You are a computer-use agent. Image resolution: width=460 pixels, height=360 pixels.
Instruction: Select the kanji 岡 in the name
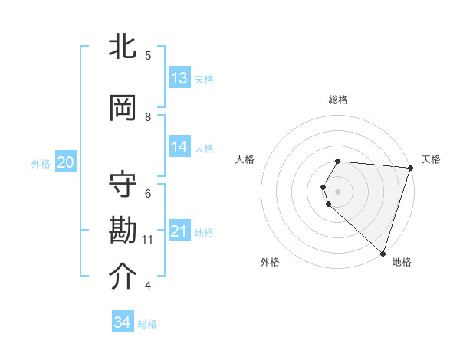123,107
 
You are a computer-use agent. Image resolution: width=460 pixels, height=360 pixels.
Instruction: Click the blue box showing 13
179,78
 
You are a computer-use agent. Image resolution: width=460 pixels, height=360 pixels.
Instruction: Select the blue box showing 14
179,147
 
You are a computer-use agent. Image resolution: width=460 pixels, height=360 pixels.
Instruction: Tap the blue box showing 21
179,231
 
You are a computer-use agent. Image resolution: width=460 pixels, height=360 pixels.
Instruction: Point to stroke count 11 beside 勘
148,240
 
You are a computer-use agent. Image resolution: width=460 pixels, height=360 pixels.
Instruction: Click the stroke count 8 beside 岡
149,116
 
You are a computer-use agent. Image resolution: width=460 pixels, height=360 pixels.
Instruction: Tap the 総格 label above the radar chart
338,100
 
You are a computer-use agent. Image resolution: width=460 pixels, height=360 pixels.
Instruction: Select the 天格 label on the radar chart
431,159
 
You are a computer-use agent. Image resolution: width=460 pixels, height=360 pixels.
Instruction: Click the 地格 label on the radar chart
402,262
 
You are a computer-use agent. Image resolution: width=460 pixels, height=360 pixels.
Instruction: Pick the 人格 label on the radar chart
245,159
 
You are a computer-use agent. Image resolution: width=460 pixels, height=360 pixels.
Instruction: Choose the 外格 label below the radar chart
270,262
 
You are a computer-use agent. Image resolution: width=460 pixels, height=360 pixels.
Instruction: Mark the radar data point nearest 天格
410,168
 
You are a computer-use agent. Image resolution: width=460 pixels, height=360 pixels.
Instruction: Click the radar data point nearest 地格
383,253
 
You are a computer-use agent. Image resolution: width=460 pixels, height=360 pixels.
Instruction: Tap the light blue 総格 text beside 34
147,324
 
